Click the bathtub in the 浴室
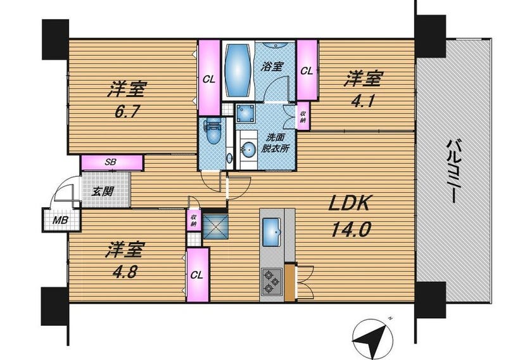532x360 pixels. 238,70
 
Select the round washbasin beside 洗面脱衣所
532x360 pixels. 248,149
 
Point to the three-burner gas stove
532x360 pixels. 272,281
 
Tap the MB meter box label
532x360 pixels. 60,220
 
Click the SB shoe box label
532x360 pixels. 111,162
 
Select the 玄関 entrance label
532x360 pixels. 103,192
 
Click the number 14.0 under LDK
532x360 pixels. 351,229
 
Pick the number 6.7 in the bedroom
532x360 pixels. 127,111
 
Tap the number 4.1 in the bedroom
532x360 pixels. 364,101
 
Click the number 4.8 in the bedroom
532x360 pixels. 126,272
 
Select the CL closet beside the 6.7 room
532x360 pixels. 209,78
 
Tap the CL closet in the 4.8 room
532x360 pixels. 197,275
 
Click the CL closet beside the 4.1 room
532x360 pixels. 307,70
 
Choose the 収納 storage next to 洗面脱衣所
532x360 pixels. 303,116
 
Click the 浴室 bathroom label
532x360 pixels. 272,66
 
